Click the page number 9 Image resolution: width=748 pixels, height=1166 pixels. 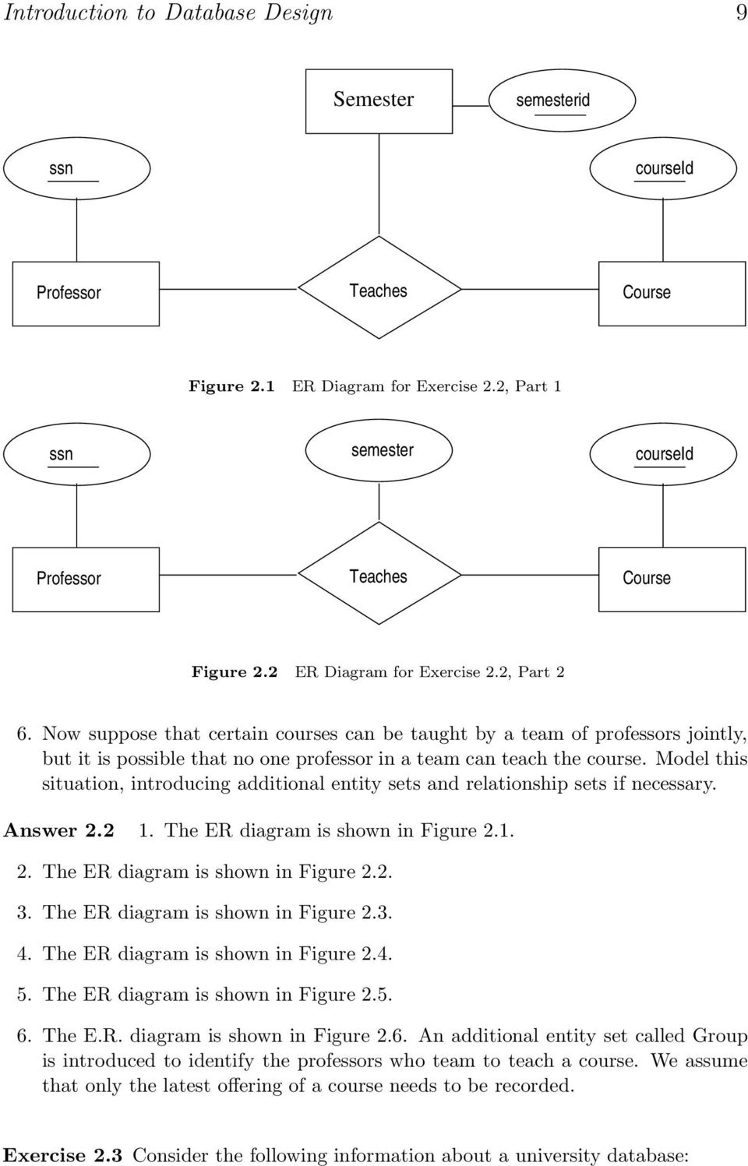(x=741, y=12)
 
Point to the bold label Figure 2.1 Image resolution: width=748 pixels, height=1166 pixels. (x=231, y=387)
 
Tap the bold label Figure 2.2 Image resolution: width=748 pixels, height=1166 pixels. (x=235, y=672)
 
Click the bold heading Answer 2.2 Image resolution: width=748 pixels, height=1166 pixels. (x=59, y=830)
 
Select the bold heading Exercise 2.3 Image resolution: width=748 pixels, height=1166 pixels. (x=62, y=1155)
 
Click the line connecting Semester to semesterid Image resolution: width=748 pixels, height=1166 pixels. (x=471, y=106)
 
